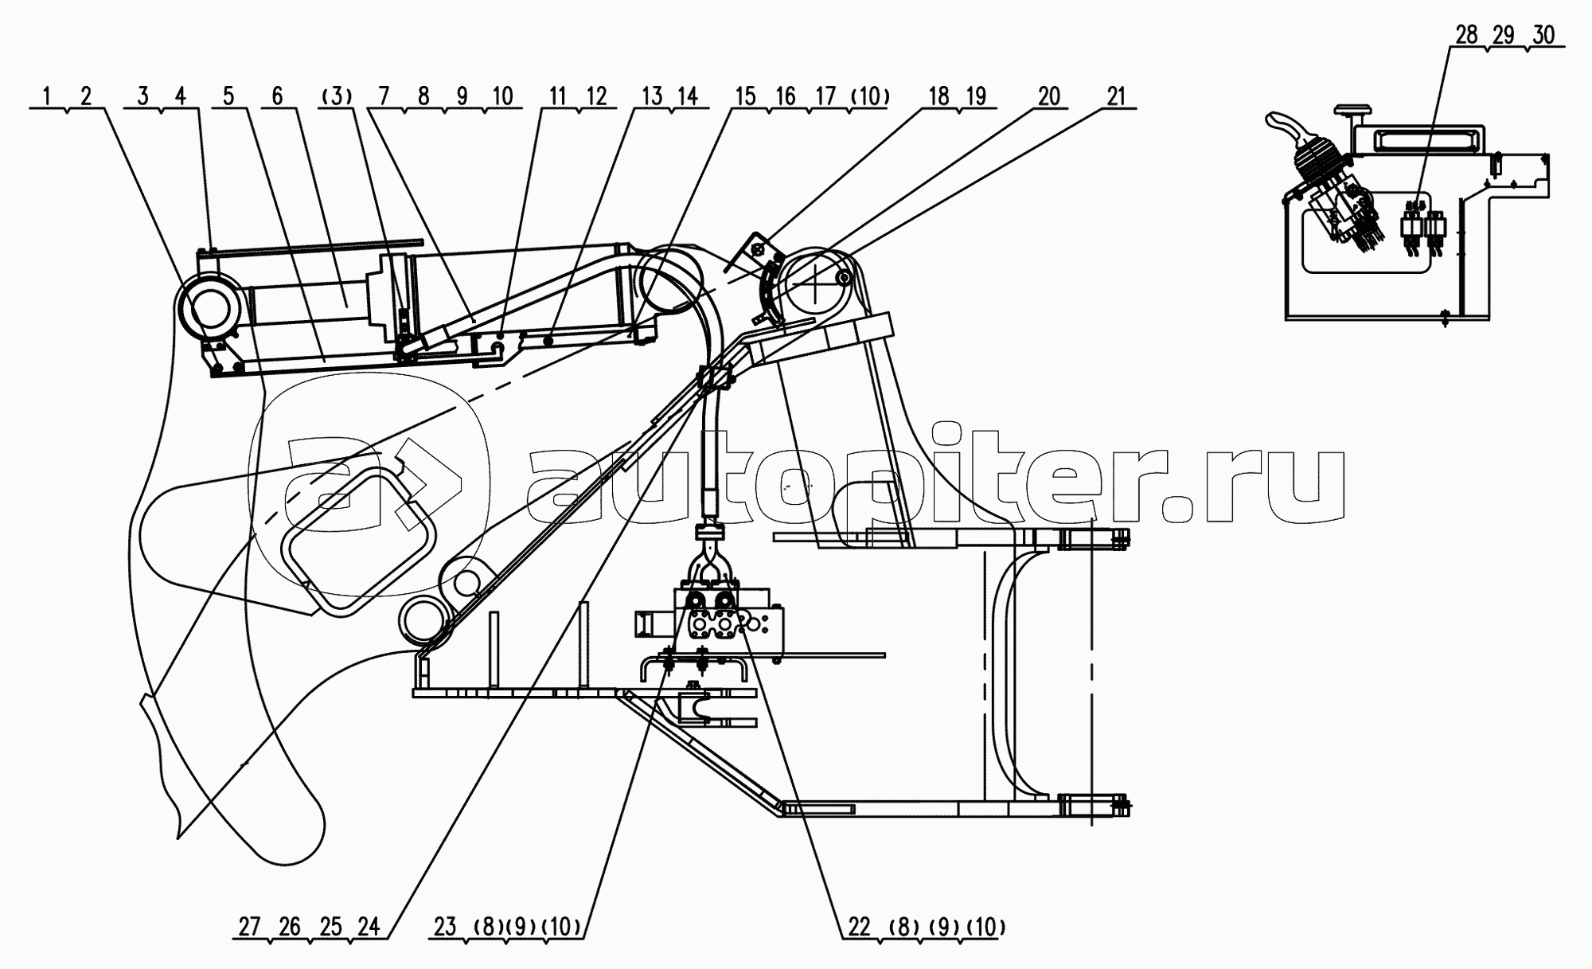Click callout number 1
click(47, 97)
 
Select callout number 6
click(277, 97)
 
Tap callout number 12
click(596, 97)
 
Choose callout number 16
click(785, 97)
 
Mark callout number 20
click(1049, 97)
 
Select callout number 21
click(1116, 97)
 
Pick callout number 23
click(446, 927)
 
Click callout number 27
click(249, 927)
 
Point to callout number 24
click(368, 927)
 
